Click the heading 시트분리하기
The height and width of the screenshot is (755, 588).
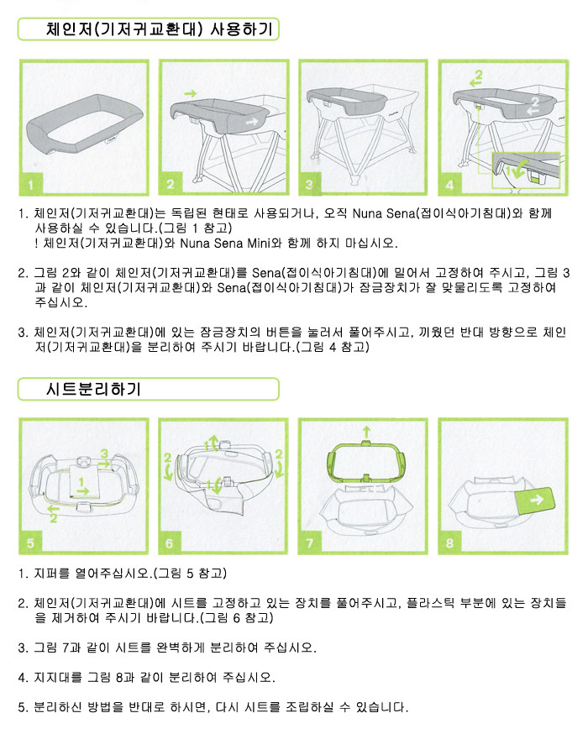click(93, 389)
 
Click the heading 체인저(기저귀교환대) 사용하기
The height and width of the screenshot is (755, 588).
click(160, 29)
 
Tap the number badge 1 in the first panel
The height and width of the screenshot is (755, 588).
click(31, 185)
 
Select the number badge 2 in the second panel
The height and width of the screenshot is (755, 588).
click(171, 185)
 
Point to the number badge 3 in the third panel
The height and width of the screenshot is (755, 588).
click(310, 185)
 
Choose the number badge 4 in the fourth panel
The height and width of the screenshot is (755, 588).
click(449, 185)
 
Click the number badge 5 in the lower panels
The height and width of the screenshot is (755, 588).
click(31, 543)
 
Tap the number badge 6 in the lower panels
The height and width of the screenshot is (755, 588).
click(170, 543)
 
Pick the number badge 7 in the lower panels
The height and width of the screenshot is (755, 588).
click(310, 543)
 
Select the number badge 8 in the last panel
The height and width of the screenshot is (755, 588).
click(449, 543)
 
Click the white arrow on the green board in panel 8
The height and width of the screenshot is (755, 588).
click(537, 500)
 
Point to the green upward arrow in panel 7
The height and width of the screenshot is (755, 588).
click(367, 432)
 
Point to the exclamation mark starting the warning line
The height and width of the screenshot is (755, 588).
click(37, 244)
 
